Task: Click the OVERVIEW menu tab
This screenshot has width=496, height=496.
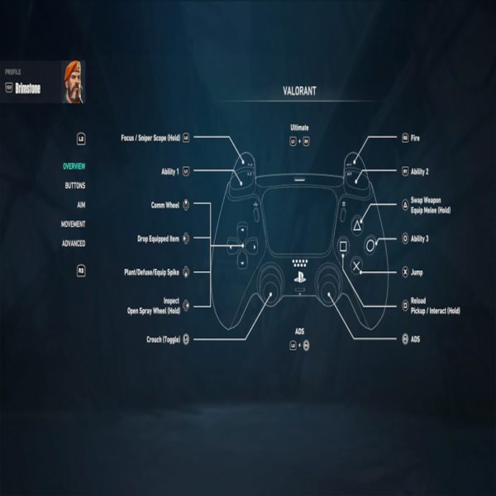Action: coord(74,166)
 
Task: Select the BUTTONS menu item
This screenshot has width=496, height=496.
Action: coord(74,185)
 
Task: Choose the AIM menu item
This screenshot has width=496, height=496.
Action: coord(80,204)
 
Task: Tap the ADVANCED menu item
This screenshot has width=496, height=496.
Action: coord(74,243)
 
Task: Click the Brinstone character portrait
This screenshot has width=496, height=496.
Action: coord(74,81)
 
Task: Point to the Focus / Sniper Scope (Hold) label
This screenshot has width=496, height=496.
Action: coord(150,138)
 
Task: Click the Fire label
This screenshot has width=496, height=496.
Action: coord(415,138)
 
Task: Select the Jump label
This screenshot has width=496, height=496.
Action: coord(416,271)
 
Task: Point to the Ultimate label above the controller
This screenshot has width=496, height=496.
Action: coord(299,128)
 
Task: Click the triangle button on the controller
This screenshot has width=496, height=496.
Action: coord(356,223)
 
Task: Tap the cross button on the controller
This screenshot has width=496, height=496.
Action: coord(356,265)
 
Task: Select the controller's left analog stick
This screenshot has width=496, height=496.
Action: coord(270,283)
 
